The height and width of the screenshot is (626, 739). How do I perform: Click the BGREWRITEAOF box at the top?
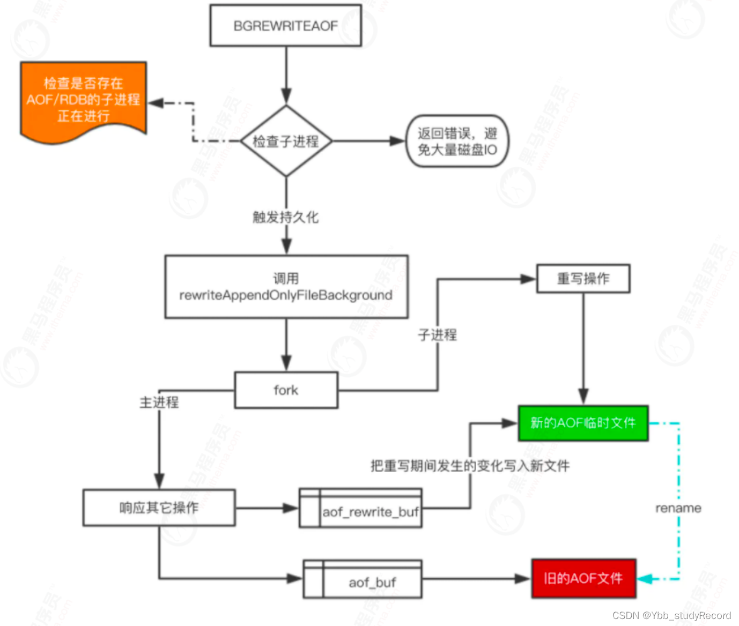[285, 26]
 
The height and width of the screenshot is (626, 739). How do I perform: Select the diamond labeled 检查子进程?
[286, 141]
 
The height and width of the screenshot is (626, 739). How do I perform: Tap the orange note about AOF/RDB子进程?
[83, 100]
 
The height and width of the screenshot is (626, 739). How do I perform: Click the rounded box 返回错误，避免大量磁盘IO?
[457, 141]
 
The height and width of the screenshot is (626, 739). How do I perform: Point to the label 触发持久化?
[285, 217]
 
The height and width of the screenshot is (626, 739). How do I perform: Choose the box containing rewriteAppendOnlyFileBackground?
[286, 287]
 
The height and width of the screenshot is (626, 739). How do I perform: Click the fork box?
[286, 390]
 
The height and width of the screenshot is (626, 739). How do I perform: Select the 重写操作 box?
[583, 279]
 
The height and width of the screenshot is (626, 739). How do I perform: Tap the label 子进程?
[438, 335]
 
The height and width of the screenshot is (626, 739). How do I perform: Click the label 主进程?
[159, 402]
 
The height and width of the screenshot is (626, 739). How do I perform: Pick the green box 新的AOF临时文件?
[583, 423]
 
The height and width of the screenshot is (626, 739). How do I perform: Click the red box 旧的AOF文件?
[583, 578]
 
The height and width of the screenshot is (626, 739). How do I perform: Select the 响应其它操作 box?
[159, 508]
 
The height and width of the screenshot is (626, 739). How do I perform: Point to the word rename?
[678, 508]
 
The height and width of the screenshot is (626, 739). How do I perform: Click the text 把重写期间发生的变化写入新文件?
[470, 466]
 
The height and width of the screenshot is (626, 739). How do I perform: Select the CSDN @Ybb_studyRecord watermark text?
[671, 615]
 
